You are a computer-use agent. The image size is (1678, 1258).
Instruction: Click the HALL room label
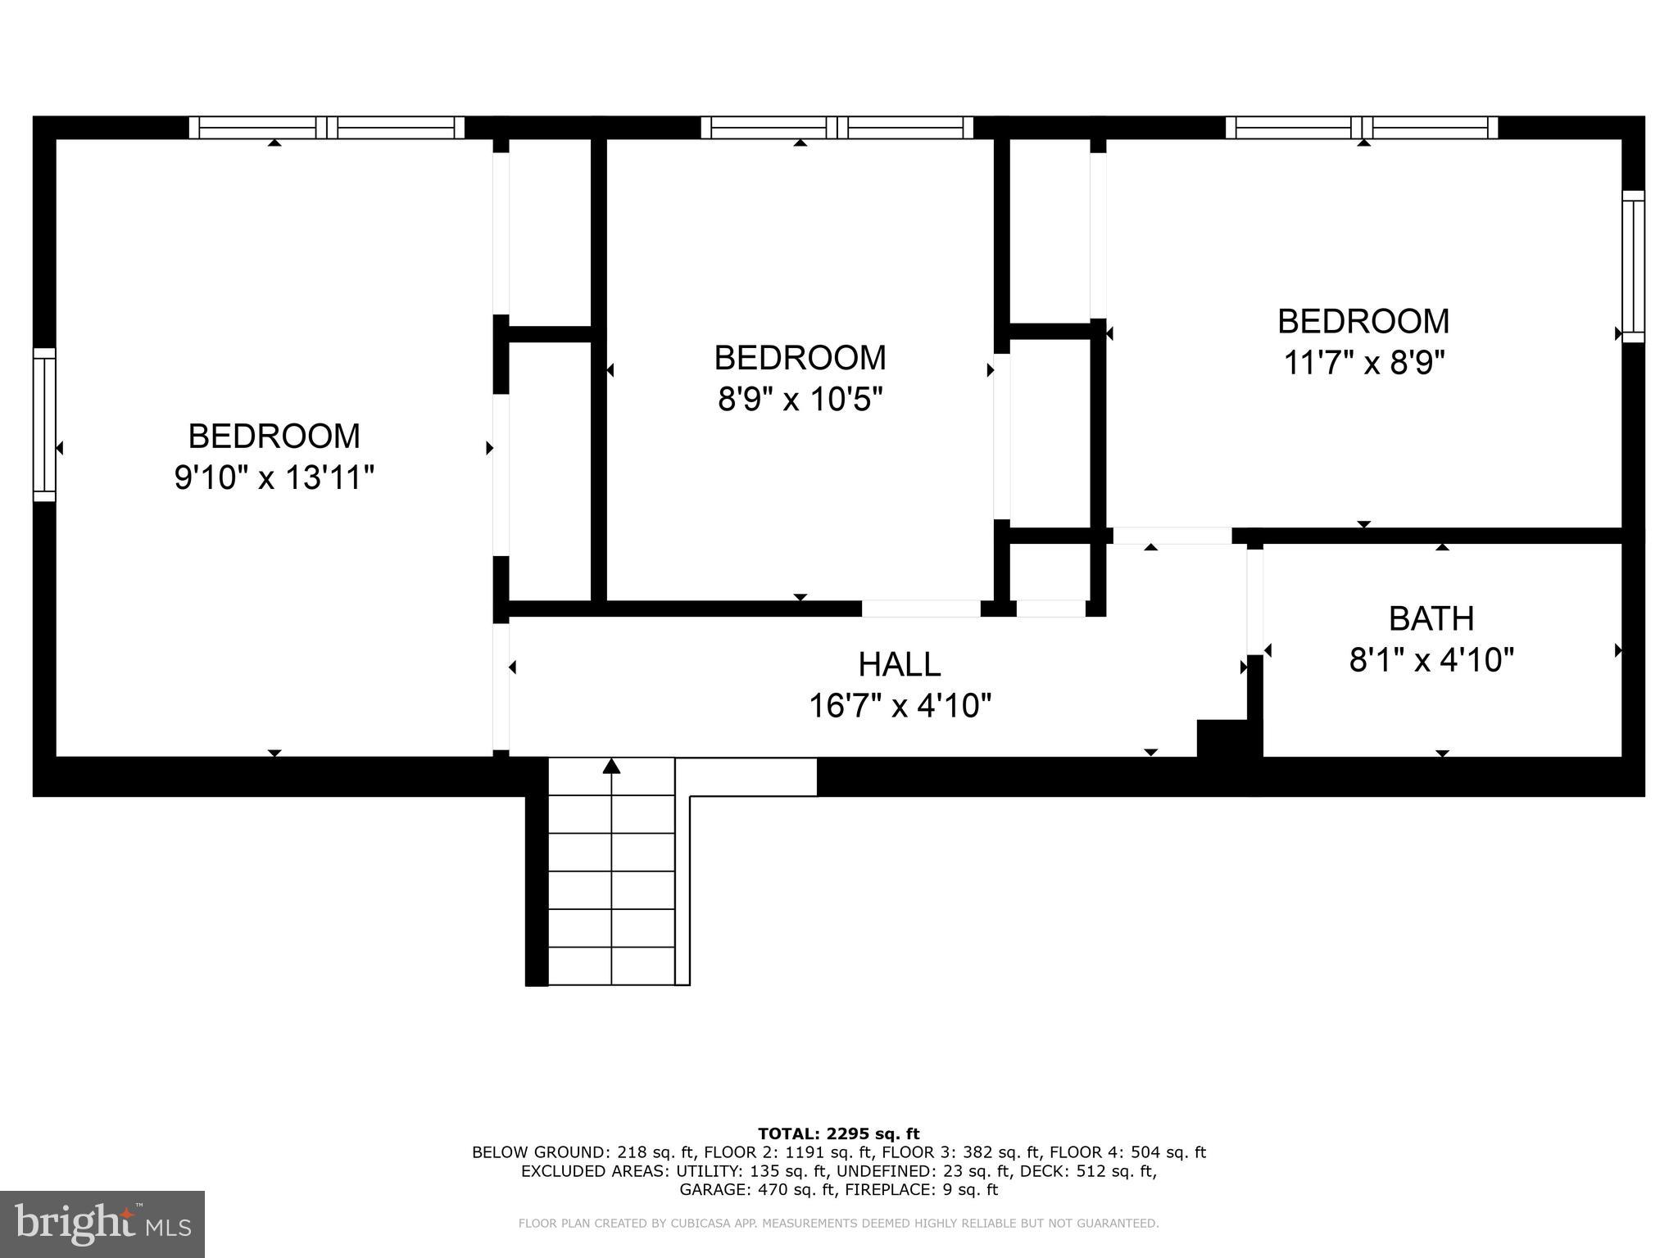coord(899,664)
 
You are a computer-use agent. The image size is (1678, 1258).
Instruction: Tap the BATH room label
coord(1431,618)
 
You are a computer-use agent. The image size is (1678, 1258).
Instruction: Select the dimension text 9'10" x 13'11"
coord(274,477)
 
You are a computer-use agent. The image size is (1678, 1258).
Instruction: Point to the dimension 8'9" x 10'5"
coord(800,400)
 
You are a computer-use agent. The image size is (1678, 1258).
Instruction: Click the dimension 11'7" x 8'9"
coord(1363,362)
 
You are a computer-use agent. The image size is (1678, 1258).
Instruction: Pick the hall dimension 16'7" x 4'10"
coord(900,705)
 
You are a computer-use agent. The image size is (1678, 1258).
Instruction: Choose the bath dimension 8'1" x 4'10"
coord(1431,659)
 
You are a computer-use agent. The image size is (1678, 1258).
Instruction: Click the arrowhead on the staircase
coord(611,766)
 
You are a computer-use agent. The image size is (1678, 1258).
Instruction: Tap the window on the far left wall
coord(44,424)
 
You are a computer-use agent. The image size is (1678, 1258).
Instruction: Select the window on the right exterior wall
coord(1633,266)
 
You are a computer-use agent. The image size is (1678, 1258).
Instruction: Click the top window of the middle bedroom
coord(837,128)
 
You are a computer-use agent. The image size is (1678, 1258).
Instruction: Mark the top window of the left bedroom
coord(327,128)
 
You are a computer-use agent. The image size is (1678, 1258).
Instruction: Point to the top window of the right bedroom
coord(1361,128)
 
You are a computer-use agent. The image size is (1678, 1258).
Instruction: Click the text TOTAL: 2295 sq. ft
coord(838,1134)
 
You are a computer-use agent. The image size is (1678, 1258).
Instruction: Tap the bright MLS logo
coord(102,1224)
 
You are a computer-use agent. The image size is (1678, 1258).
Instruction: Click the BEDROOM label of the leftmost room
coord(274,436)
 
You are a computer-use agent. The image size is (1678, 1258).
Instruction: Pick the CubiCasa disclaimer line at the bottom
coord(838,1224)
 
